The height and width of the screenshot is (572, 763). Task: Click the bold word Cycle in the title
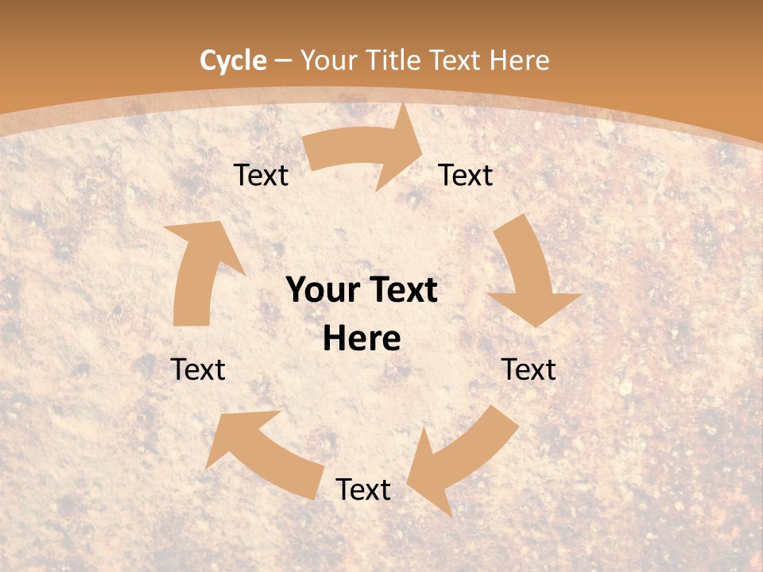[233, 60]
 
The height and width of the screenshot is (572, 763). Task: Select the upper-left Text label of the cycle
[261, 175]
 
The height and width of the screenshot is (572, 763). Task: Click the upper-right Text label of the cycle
[466, 175]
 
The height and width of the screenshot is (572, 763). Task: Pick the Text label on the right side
[529, 369]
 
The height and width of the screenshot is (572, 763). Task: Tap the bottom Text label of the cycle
[363, 489]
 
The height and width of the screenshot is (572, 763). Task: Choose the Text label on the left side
[198, 369]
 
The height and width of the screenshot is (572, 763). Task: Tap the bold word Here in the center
[362, 339]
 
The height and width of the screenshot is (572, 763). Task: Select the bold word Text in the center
[398, 291]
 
